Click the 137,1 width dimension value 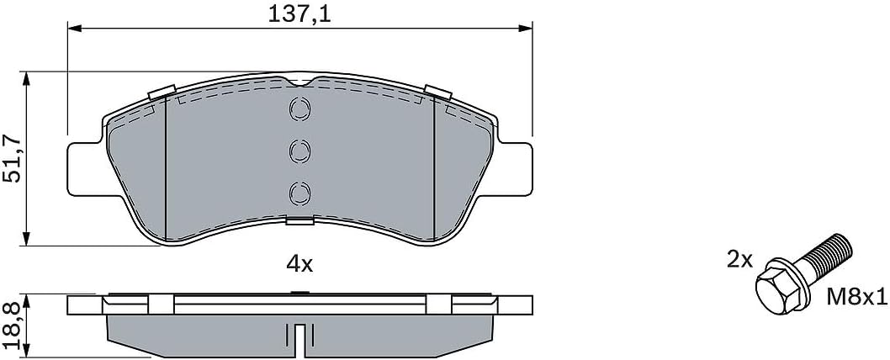[x=298, y=13]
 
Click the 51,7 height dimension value [x=12, y=158]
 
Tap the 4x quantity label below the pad [x=299, y=264]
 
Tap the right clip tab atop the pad [x=438, y=93]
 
